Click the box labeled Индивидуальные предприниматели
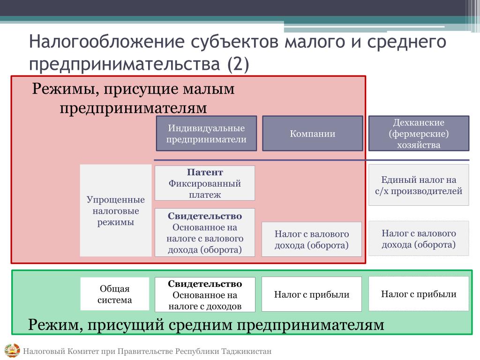pyautogui.click(x=206, y=133)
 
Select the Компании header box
pyautogui.click(x=312, y=133)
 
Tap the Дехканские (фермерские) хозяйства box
pyautogui.click(x=419, y=133)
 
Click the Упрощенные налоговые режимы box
pyautogui.click(x=115, y=210)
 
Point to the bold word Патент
pyautogui.click(x=205, y=172)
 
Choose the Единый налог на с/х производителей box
pyautogui.click(x=419, y=185)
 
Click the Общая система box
pyautogui.click(x=115, y=294)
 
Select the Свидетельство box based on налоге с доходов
pyautogui.click(x=205, y=295)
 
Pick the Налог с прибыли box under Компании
pyautogui.click(x=312, y=294)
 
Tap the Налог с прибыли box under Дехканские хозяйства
pyautogui.click(x=419, y=294)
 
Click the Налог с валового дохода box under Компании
pyautogui.click(x=312, y=239)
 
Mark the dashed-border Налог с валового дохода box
pyautogui.click(x=419, y=239)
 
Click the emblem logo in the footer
pyautogui.click(x=12, y=351)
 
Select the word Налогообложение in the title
pyautogui.click(x=107, y=42)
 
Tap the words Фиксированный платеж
pyautogui.click(x=205, y=189)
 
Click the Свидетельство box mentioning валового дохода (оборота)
pyautogui.click(x=205, y=232)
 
